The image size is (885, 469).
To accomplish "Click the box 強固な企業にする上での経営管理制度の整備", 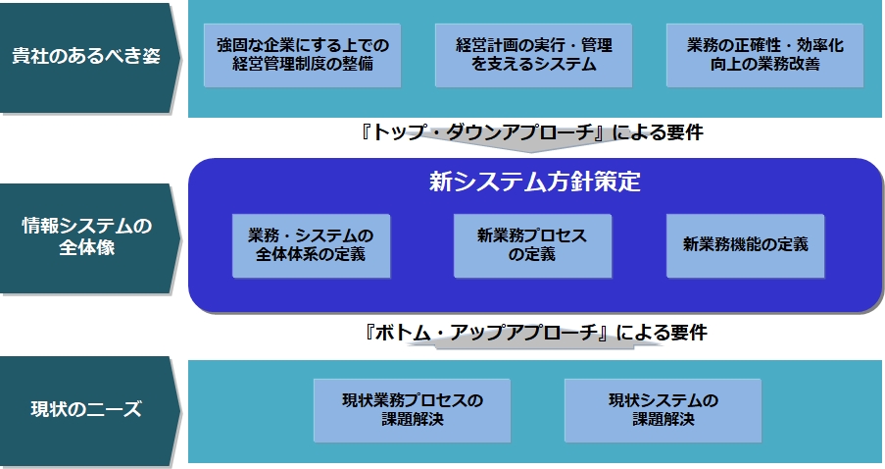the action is point(302,55).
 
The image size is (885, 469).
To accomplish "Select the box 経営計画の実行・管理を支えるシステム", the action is point(533,55).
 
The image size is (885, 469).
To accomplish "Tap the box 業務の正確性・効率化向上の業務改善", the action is point(764,55).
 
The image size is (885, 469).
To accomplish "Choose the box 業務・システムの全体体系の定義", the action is point(311,246).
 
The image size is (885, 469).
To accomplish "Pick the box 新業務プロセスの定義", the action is point(533,246).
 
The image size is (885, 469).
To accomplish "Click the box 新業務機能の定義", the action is point(746,246).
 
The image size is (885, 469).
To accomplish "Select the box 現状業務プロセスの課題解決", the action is point(412,410).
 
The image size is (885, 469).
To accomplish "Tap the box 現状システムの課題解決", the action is point(664,410).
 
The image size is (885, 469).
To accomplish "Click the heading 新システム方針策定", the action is point(534,182).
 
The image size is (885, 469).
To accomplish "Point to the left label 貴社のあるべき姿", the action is point(86,56).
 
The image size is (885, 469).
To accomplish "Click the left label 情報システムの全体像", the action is point(87,236).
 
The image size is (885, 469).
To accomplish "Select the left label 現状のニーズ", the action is point(86,409).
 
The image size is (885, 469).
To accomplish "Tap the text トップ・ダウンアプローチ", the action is point(484,132).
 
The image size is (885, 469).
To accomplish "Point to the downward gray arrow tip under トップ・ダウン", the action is point(530,152).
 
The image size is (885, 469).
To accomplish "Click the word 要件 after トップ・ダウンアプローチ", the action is point(685,132).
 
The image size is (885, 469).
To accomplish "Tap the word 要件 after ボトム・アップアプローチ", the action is point(689,333).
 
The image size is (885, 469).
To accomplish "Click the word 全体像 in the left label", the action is point(87,247).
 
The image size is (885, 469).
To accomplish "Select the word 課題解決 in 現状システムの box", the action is point(664,419).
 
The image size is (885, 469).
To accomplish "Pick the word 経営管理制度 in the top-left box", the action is point(279,64).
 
